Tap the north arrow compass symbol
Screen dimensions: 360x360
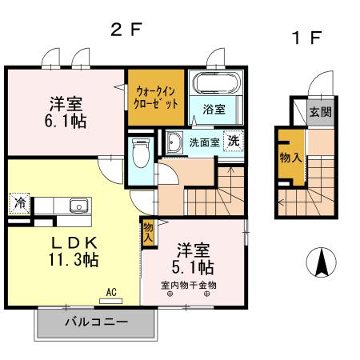pos(322,262)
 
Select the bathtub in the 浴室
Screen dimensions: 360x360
pos(214,83)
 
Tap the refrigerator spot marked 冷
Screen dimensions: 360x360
pos(18,203)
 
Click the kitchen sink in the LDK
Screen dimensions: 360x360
pos(78,206)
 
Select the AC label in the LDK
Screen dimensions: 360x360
pos(111,293)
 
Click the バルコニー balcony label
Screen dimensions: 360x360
pos(94,324)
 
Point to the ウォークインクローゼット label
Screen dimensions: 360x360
pos(157,98)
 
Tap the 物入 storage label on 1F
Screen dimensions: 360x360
pos(290,158)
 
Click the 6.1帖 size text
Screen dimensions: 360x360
pos(66,121)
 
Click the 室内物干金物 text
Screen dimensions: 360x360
pos(189,284)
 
